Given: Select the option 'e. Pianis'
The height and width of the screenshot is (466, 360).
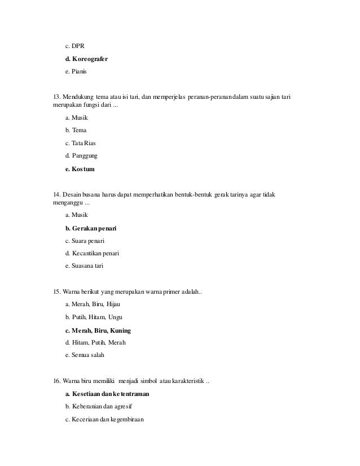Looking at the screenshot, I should (78, 72).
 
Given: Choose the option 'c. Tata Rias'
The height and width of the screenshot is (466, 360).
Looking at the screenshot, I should (81, 143).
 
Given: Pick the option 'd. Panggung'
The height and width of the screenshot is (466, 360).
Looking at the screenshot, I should (81, 156).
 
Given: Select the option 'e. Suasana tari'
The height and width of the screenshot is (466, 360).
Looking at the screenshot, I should (85, 266).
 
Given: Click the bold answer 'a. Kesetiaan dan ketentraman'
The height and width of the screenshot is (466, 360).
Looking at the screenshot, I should (107, 394).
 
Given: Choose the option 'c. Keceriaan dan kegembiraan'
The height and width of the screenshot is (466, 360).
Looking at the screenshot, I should (105, 419).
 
